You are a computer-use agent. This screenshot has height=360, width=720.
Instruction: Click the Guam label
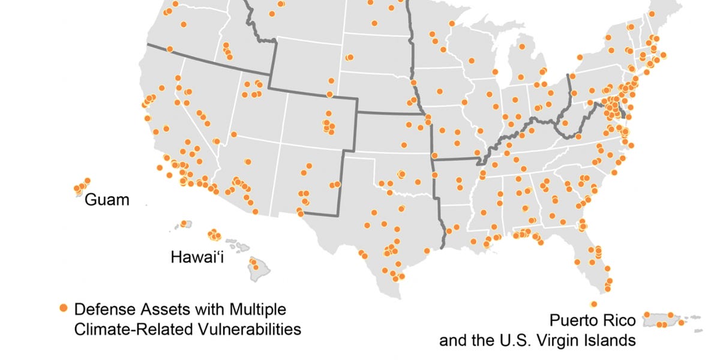[x=107, y=200]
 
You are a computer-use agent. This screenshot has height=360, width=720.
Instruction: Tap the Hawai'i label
[x=193, y=258]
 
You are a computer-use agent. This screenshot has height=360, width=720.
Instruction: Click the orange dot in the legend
[x=64, y=308]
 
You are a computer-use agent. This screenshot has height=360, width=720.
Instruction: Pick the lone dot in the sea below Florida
[x=594, y=304]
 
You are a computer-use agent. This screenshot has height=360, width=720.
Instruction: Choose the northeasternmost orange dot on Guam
[x=87, y=180]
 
